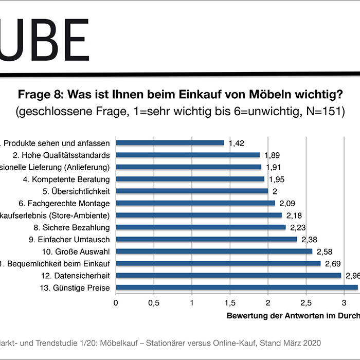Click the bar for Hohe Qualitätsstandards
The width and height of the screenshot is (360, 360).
(188, 155)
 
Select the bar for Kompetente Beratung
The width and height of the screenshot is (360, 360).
(190, 179)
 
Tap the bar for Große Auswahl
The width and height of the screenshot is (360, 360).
(214, 251)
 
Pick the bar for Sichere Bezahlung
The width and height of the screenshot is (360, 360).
(201, 227)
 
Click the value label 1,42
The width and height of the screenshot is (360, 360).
(236, 143)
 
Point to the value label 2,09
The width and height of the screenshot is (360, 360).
(287, 203)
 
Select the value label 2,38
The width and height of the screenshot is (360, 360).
(309, 239)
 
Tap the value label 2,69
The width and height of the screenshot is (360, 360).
(333, 263)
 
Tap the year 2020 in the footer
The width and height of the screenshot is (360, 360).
(311, 342)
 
